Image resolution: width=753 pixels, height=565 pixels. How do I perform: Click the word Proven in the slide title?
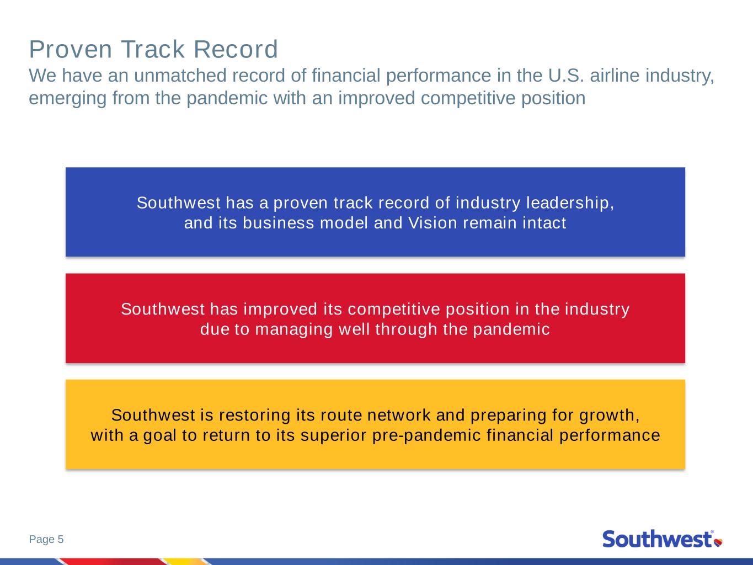click(71, 50)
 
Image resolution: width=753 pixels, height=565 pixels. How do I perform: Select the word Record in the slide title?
click(236, 49)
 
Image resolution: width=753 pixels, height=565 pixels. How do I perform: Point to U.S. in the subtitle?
click(566, 75)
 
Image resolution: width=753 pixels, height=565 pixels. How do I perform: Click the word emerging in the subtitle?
click(68, 98)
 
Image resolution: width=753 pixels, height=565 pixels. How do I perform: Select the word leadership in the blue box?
click(570, 203)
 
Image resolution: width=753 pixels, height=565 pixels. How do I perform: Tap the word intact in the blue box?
click(544, 223)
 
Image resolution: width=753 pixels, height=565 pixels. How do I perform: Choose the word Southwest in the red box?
click(163, 309)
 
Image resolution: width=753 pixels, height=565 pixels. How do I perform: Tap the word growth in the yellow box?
click(609, 415)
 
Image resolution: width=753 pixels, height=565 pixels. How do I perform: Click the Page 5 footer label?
click(46, 539)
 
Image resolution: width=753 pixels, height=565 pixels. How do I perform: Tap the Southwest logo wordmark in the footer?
click(658, 539)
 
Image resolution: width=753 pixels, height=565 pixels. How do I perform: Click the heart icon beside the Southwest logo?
click(718, 542)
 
